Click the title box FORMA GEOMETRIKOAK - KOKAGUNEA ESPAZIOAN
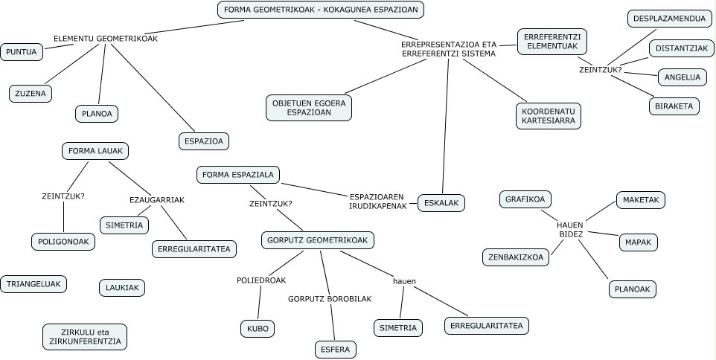322,10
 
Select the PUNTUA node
22,52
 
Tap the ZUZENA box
30,94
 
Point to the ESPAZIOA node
203,141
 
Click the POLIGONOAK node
63,242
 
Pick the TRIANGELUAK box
33,284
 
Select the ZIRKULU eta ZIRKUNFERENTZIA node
85,337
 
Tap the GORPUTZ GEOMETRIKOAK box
318,240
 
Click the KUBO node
258,328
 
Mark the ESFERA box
336,349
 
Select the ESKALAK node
442,202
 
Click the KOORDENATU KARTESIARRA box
549,115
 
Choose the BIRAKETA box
674,106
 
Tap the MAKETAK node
641,199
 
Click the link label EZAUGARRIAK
157,200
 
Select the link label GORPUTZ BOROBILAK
330,299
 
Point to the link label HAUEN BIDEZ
571,229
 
